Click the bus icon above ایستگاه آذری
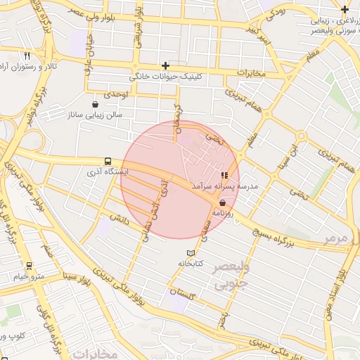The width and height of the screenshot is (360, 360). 107,161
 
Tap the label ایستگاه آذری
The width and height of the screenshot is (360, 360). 106,172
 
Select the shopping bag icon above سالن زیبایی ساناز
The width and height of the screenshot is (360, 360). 95,105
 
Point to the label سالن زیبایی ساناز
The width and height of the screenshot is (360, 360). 95,115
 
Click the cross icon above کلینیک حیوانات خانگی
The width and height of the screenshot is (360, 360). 165,65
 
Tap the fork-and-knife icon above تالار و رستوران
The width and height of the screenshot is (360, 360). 26,56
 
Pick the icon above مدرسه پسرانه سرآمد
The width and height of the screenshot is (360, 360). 224,176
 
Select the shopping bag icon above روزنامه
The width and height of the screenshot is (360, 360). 223,202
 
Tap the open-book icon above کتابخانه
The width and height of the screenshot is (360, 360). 189,253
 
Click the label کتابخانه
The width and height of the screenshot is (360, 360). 189,264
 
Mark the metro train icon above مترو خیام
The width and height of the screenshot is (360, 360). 29,266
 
